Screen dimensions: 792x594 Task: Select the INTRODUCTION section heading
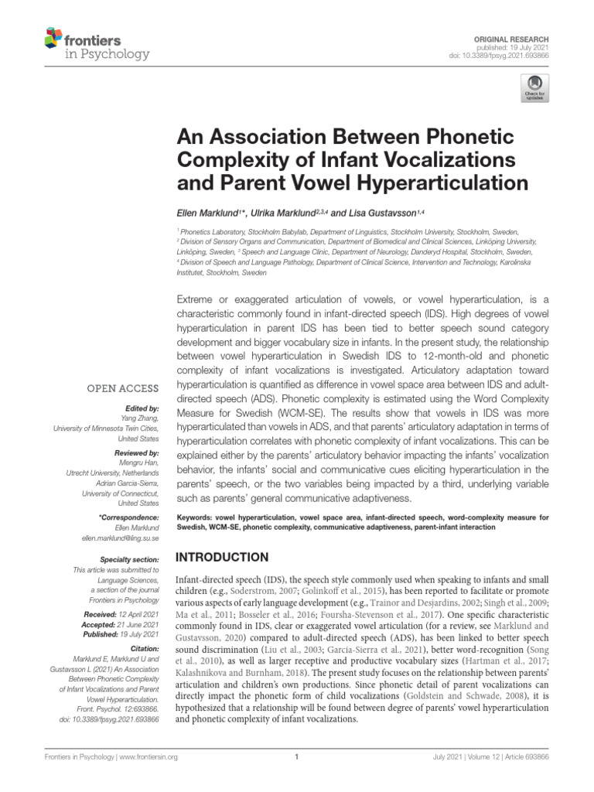coord(224,557)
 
